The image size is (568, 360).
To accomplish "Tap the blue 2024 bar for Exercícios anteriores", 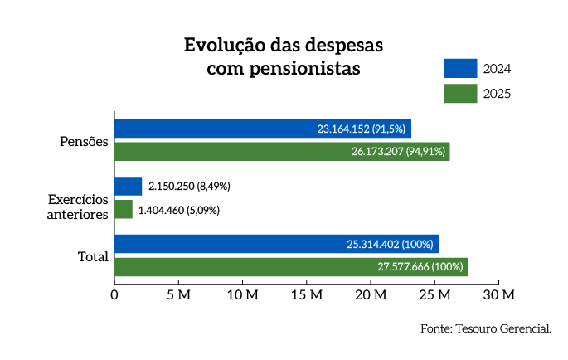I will pyautogui.click(x=128, y=186).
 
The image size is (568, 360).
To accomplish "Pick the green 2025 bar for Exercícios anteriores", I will pyautogui.click(x=123, y=210).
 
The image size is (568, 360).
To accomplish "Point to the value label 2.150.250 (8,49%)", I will pyautogui.click(x=189, y=187).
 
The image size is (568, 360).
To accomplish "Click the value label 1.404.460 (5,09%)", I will pyautogui.click(x=178, y=210).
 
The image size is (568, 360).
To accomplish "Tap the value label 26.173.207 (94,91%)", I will pyautogui.click(x=398, y=151).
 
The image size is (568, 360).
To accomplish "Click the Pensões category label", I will pyautogui.click(x=85, y=141).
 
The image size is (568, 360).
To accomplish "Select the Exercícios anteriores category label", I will pyautogui.click(x=78, y=207).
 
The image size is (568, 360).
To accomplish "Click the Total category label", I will pyautogui.click(x=93, y=256).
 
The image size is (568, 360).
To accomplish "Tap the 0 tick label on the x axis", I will pyautogui.click(x=114, y=294).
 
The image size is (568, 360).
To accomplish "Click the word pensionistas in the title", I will pyautogui.click(x=305, y=69).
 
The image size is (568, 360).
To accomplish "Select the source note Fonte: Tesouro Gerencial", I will pyautogui.click(x=485, y=329).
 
